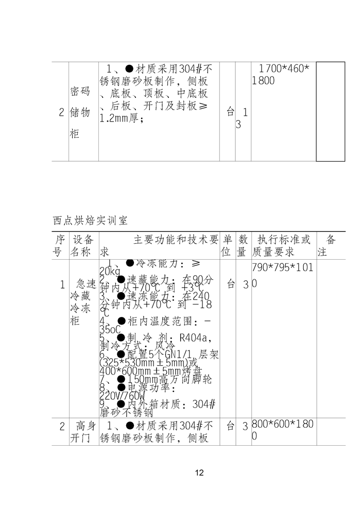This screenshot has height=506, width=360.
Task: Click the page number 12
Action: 200,473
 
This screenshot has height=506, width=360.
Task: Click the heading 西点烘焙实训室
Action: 90,221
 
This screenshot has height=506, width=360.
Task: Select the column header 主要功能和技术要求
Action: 160,246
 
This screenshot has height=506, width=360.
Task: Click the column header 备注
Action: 330,246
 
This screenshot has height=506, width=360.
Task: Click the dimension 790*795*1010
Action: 282,276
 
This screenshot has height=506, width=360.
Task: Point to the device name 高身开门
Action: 82,432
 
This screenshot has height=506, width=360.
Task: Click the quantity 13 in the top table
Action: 242,118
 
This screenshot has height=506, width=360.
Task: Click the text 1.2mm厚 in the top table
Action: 122,118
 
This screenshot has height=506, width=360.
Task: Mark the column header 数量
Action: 243,246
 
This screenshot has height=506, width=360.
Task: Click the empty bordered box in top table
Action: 330,112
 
